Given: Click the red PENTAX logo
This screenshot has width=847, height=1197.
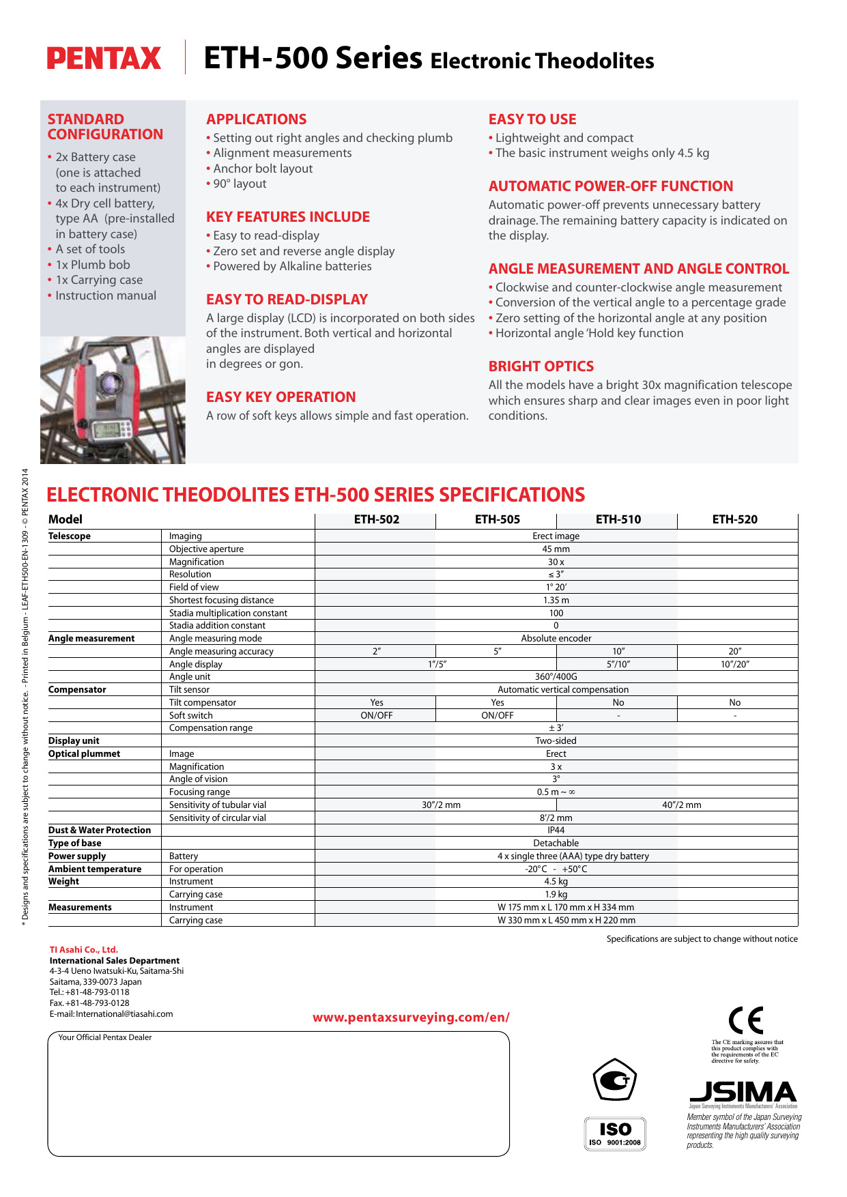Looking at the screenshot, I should pos(104,59).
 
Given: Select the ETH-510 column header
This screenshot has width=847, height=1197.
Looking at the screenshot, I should pos(618,519).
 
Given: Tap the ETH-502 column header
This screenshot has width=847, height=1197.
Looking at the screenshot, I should pos(376,519).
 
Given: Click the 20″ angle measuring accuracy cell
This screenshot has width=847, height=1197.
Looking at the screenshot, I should pos(734,651).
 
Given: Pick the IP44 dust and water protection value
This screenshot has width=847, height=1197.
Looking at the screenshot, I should pos(556,831).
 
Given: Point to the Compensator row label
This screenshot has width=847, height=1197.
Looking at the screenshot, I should pos(77,690).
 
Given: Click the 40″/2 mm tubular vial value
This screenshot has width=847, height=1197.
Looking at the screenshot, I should pos(681,805).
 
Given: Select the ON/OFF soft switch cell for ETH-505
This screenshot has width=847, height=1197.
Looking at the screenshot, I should pos(497,715).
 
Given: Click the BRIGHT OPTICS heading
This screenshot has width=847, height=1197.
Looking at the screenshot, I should pos(541,366).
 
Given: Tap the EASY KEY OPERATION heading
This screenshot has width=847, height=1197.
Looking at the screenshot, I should pos(281,397).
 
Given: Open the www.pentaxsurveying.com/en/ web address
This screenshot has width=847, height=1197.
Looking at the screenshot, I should pos(411,1018).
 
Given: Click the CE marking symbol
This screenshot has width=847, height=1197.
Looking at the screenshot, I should pos(745,1021).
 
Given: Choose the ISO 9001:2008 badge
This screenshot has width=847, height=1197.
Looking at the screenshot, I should pos(614,1134).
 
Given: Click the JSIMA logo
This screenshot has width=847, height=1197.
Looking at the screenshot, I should pos(743,1093).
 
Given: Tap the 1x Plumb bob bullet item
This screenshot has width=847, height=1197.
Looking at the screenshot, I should pos(93,265).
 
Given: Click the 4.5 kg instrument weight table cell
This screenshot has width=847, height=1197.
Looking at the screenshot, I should pos(556,882).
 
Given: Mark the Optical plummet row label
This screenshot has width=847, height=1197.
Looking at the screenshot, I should pos(84,754).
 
